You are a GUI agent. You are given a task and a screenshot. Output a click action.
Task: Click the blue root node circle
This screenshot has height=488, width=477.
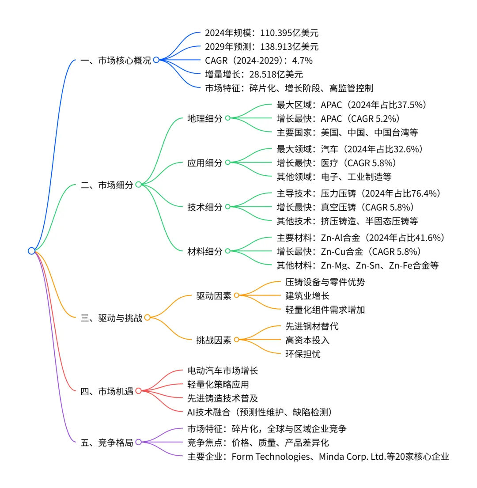[31, 251]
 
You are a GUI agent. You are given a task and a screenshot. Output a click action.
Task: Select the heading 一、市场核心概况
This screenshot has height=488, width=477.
[116, 61]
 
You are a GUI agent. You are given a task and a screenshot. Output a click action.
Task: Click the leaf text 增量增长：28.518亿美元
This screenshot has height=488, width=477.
[254, 74]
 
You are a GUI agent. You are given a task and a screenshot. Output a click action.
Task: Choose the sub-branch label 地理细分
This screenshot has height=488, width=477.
[205, 118]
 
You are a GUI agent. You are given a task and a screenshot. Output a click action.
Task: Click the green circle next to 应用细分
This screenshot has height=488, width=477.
[228, 163]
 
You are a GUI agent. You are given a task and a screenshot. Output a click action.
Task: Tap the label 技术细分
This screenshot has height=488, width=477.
[205, 207]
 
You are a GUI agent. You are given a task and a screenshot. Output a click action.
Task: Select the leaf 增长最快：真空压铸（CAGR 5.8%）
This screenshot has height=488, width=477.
[345, 207]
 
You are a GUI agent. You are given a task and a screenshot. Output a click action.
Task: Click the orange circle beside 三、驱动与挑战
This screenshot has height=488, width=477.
[148, 317]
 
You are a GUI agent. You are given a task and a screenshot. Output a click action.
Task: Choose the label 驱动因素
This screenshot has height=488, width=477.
[214, 295]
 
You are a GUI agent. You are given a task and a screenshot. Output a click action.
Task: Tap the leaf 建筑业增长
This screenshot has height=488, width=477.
[307, 295]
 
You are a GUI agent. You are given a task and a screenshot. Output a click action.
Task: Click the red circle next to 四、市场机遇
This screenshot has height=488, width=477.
[138, 391]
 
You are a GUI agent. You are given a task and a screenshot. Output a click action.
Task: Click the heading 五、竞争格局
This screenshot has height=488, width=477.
[107, 442]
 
